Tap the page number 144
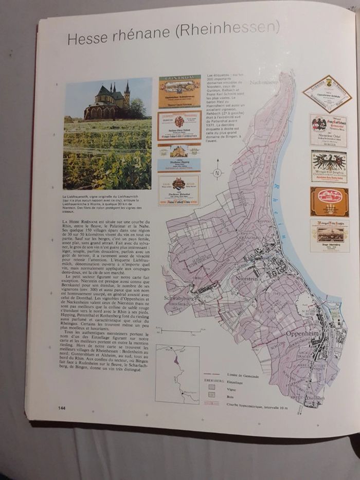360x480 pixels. click(62, 408)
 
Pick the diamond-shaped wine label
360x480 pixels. click(327, 93)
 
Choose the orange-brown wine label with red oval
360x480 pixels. click(329, 201)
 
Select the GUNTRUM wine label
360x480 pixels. click(179, 92)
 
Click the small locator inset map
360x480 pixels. click(177, 374)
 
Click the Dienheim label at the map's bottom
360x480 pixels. click(314, 398)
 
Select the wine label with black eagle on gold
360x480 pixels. click(329, 166)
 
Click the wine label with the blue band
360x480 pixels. click(179, 164)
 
